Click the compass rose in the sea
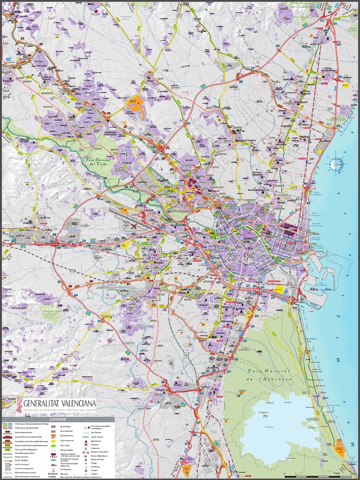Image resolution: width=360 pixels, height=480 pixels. click(x=336, y=165)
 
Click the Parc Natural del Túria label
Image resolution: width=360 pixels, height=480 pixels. click(x=98, y=162)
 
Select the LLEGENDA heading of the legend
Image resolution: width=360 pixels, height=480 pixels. click(x=58, y=420)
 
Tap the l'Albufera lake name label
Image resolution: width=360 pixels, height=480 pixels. click(x=269, y=427)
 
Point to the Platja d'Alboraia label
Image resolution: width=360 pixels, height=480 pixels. click(x=318, y=193)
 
